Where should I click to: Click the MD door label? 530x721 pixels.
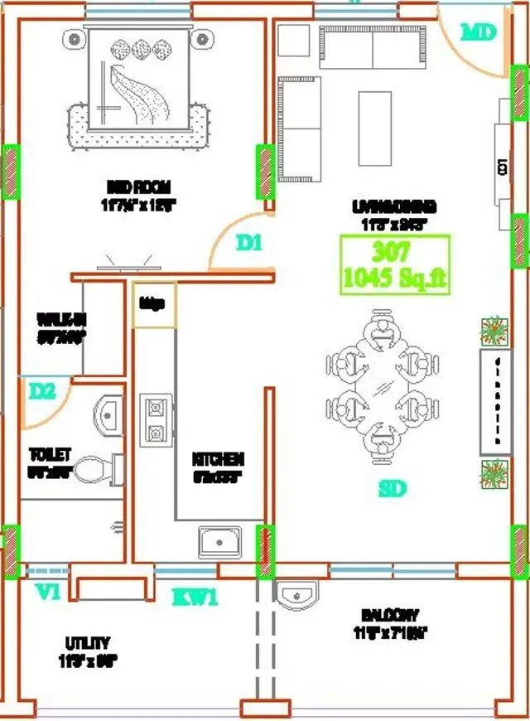click(x=478, y=32)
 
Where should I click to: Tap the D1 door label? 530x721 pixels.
click(x=248, y=244)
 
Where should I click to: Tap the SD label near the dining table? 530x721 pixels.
click(x=393, y=489)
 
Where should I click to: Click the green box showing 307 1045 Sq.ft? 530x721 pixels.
click(x=395, y=264)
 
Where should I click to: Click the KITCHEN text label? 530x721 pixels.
click(x=218, y=459)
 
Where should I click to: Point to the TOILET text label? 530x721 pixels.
click(x=50, y=455)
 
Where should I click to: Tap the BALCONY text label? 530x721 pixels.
click(x=389, y=616)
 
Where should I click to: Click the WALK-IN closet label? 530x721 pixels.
click(x=62, y=318)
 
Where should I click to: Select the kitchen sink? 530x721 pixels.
click(x=219, y=542)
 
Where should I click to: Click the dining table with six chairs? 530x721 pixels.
click(x=380, y=381)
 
